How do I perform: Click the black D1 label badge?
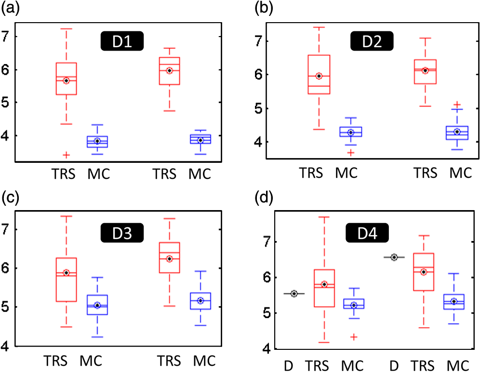[x=121, y=41]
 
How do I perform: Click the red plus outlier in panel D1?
[x=66, y=155]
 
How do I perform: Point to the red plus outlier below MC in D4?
[x=354, y=337]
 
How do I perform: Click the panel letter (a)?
[x=9, y=8]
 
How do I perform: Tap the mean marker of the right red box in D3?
[x=169, y=259]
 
